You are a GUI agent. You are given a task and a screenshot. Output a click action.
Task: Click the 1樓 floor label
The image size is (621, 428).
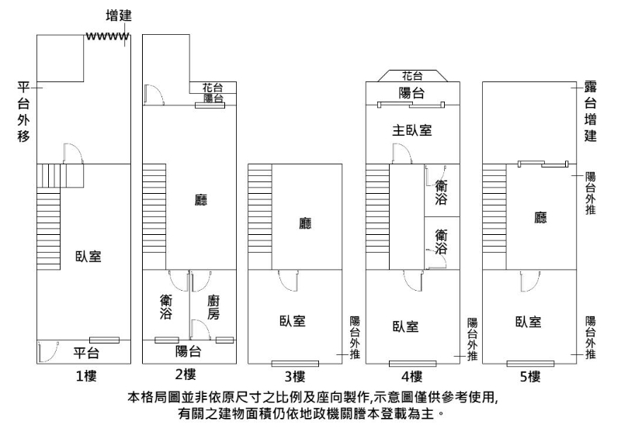pyautogui.click(x=86, y=376)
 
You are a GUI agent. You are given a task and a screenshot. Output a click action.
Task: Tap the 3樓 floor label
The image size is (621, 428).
pyautogui.click(x=295, y=376)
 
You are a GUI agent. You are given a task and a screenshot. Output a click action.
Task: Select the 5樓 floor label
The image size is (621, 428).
pyautogui.click(x=530, y=377)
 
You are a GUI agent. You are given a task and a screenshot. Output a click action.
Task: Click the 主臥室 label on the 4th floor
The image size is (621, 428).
pyautogui.click(x=412, y=129)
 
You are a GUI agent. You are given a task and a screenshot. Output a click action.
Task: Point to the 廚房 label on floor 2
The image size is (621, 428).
pyautogui.click(x=213, y=307)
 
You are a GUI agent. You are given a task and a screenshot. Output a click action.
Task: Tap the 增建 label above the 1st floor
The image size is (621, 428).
pyautogui.click(x=119, y=16)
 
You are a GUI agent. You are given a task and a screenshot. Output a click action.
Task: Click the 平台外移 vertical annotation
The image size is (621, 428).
pyautogui.click(x=23, y=112)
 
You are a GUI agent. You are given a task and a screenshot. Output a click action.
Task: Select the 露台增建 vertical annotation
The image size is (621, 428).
pyautogui.click(x=591, y=112)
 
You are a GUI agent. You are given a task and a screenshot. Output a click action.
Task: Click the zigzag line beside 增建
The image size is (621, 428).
pyautogui.click(x=107, y=36)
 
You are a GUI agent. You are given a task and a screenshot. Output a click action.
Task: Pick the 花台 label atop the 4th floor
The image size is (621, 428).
pyautogui.click(x=412, y=75)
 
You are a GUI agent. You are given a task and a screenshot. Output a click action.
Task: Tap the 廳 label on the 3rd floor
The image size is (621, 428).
pyautogui.click(x=305, y=223)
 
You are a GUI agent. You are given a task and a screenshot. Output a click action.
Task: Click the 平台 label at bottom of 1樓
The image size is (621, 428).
pyautogui.click(x=86, y=353)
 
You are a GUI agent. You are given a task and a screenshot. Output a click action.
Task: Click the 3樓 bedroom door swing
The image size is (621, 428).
pyautogui.click(x=288, y=281)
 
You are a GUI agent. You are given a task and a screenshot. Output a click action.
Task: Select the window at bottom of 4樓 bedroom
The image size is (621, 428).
pyautogui.click(x=413, y=364)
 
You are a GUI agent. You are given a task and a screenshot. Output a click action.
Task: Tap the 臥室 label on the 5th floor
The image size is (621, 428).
pyautogui.click(x=529, y=322)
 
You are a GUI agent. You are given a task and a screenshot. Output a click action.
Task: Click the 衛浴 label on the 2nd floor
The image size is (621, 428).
pyautogui.click(x=166, y=306)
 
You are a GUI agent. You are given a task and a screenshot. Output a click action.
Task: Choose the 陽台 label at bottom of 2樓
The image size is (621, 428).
pyautogui.click(x=189, y=351)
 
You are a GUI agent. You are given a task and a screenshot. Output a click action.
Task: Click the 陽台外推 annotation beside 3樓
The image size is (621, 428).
pyautogui.click(x=355, y=337)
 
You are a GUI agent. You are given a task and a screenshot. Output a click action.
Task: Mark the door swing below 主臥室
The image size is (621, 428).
pyautogui.click(x=402, y=154)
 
